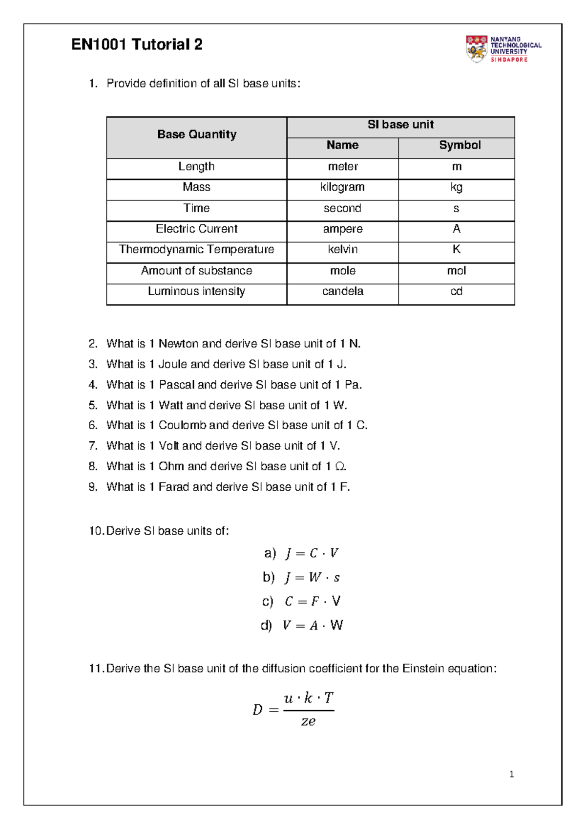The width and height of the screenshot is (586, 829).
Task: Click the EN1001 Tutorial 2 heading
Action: tap(137, 44)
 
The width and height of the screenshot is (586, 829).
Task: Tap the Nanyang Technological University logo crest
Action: tap(476, 48)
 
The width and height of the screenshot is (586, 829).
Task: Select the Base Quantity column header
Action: tap(196, 134)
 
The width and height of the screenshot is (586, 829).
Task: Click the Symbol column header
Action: tap(460, 145)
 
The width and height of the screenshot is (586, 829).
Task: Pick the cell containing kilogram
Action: tap(342, 187)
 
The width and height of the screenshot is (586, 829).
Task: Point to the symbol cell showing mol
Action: tap(456, 271)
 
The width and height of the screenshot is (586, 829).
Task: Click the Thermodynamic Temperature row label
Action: tap(196, 250)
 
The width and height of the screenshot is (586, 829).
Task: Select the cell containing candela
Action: tap(342, 291)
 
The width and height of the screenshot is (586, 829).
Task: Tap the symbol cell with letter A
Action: tap(456, 229)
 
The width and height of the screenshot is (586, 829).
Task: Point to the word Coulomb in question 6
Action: tap(182, 425)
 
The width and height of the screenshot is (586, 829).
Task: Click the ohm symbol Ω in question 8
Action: tap(340, 467)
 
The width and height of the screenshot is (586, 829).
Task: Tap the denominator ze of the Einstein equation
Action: tap(308, 721)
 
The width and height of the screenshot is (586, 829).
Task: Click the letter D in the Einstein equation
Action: tap(257, 710)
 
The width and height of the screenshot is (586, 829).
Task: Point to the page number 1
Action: tap(511, 774)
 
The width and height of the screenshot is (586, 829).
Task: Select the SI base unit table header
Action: tap(400, 125)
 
